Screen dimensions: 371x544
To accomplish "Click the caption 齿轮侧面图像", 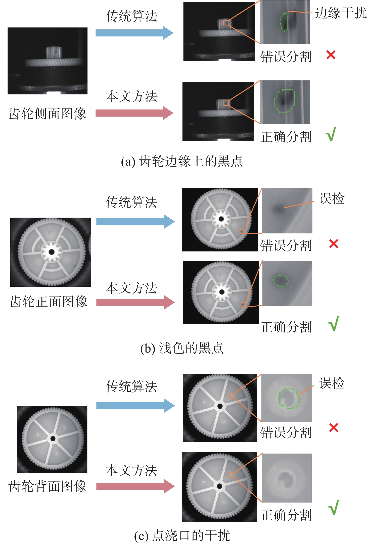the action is point(47,114).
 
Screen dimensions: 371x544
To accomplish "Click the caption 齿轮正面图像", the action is point(48,301).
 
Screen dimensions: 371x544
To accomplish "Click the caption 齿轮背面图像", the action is point(48,486).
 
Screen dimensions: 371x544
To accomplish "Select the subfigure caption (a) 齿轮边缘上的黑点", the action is point(182,161).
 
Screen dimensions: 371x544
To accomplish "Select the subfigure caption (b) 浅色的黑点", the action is point(182,348).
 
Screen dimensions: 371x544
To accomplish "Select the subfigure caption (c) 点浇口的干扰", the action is point(182,535).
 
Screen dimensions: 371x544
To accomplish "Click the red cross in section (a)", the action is point(331,55).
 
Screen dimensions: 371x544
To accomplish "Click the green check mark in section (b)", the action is point(334,323).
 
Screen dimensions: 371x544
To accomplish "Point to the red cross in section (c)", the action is point(334,427).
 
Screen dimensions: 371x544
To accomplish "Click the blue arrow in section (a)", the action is point(134,33).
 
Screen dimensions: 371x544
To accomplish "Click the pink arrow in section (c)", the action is point(135,486).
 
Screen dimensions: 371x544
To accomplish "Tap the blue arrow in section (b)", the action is point(135,222).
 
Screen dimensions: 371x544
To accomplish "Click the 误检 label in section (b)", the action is point(332,199).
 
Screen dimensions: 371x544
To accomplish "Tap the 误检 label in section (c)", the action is point(332,383).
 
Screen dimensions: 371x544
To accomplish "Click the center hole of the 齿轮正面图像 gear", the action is point(52,252).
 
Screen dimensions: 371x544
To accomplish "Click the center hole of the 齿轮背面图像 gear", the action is point(53,439).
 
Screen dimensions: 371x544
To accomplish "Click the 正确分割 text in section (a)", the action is point(286,137).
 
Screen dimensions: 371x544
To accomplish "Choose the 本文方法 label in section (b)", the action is point(131,288).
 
